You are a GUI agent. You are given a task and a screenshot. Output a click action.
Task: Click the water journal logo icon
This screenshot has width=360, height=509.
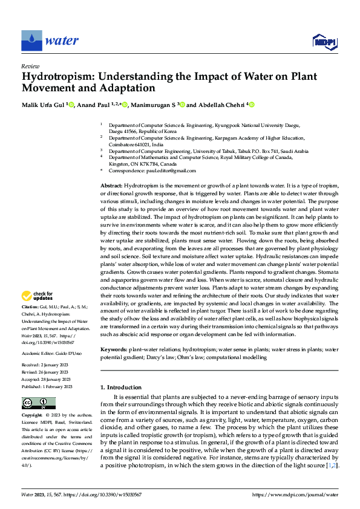pos(31,41)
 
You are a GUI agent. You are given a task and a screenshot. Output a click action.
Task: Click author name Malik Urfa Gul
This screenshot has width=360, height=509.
pos(43,105)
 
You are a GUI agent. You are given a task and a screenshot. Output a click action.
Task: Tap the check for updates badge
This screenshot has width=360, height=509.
pos(38,296)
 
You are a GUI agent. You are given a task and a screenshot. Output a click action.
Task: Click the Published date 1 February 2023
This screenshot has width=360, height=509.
pos(57,386)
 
